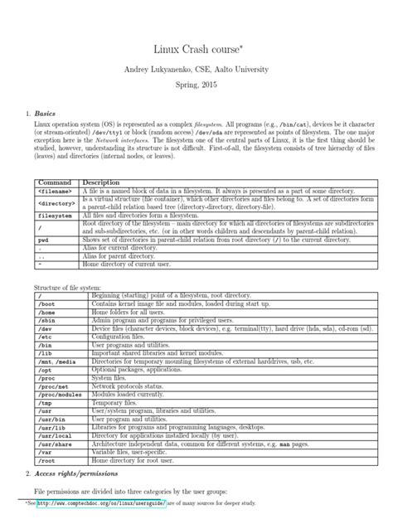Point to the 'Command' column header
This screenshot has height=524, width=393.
(x=52, y=182)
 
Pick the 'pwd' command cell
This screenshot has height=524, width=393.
(x=44, y=240)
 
